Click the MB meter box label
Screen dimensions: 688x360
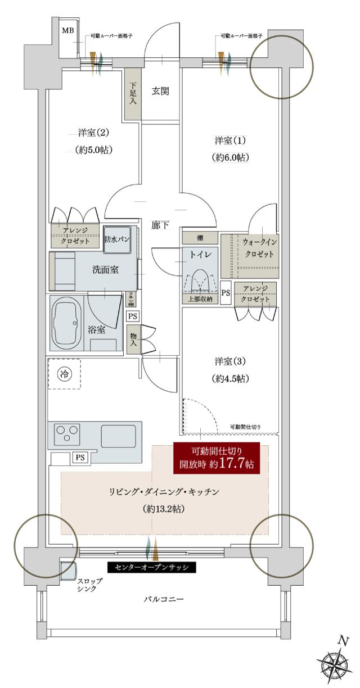(x=67, y=30)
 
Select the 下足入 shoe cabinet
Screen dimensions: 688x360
(x=132, y=93)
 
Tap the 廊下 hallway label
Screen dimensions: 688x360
(x=160, y=225)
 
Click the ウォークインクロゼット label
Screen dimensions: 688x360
(x=259, y=248)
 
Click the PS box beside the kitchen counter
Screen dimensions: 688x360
(x=80, y=458)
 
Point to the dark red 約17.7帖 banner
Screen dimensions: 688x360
(x=217, y=458)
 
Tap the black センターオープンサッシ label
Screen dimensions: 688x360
(x=151, y=567)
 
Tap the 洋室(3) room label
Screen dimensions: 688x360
(x=231, y=360)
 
